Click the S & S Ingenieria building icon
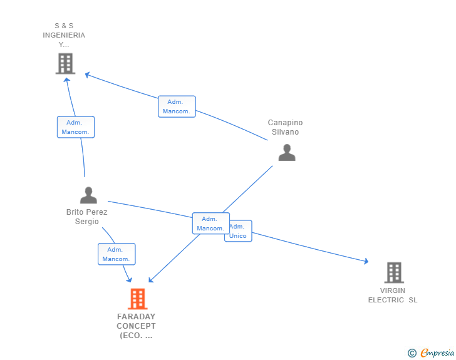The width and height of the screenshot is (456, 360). (x=65, y=63)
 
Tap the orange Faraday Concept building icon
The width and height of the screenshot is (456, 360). (x=137, y=299)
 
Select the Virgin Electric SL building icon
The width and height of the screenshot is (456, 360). (x=393, y=272)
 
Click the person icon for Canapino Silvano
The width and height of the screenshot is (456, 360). (x=286, y=152)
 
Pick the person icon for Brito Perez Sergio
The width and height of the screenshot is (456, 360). (x=88, y=195)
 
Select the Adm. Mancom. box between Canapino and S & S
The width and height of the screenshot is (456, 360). (x=177, y=106)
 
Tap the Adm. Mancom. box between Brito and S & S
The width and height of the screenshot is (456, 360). (x=76, y=127)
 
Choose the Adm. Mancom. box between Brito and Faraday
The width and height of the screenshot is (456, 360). (x=117, y=254)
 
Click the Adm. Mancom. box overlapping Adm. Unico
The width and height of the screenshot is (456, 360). (x=210, y=224)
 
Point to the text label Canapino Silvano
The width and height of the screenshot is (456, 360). (x=285, y=127)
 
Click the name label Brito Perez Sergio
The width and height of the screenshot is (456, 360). (x=87, y=217)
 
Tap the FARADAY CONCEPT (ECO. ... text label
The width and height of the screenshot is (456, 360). (x=136, y=326)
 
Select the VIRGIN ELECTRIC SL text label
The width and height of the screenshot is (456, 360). (x=393, y=295)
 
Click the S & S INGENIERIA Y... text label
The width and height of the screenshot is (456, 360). (x=64, y=35)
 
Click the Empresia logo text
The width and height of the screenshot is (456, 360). (x=437, y=353)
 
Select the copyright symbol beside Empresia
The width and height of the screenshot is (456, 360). (x=412, y=353)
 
